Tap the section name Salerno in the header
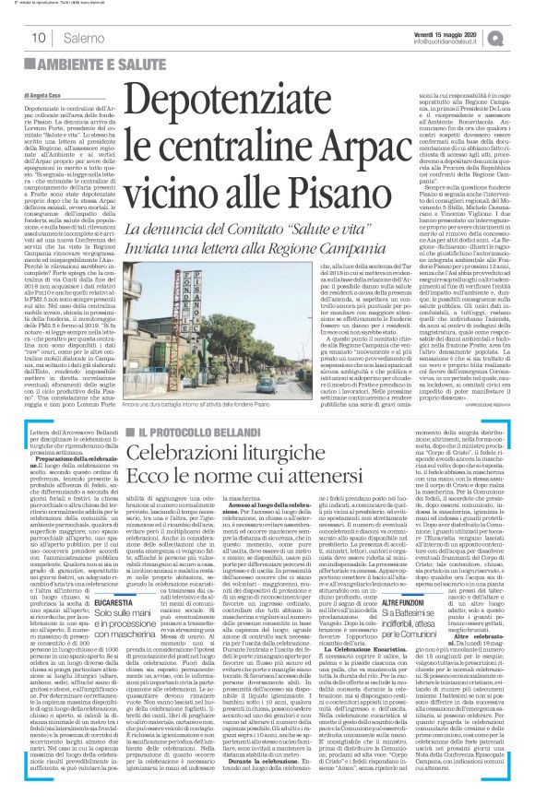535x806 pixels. [x=82, y=38]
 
